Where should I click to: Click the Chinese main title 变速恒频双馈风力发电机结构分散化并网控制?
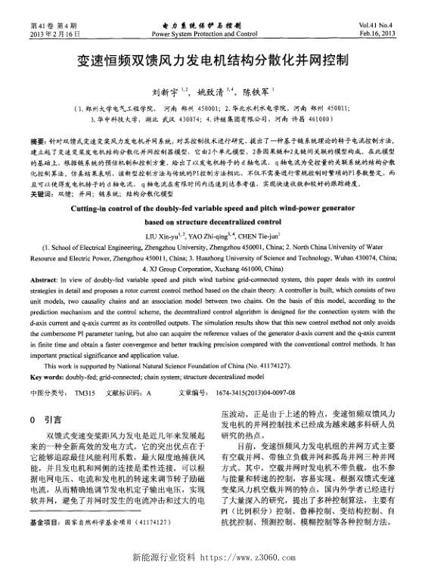pos(214,61)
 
